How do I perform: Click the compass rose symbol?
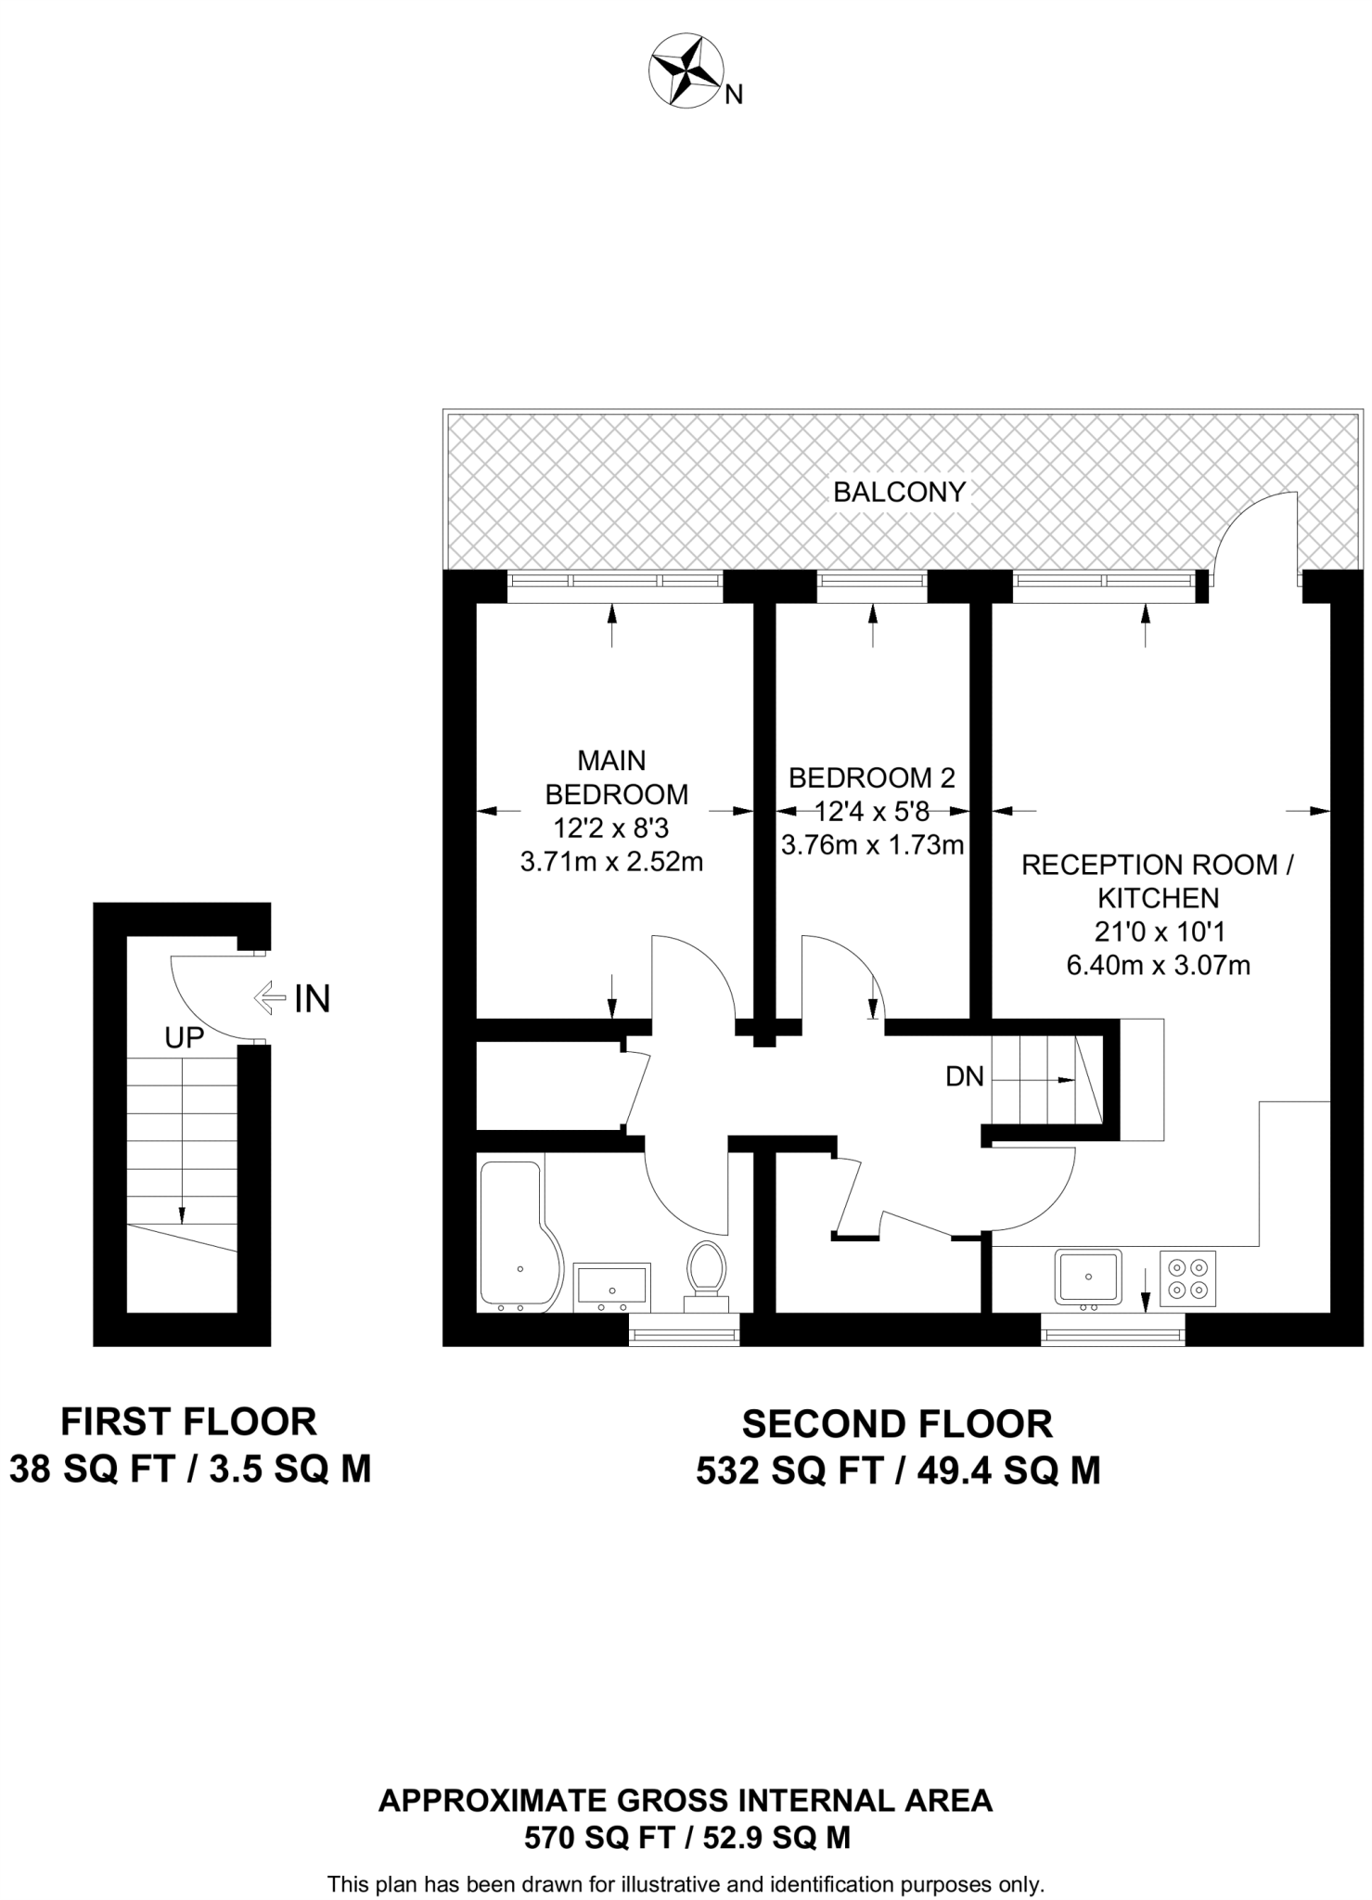point(687,71)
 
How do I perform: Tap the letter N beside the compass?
point(734,95)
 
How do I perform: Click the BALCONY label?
point(899,492)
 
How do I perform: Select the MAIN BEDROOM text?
point(615,777)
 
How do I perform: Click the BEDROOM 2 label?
point(871,777)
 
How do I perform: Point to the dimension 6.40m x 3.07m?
point(1158,966)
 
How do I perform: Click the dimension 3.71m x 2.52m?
point(611,862)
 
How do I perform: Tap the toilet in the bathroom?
point(708,1272)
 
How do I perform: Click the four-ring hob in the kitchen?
point(1187,1277)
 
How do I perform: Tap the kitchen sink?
point(1088,1277)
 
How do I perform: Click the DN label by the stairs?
point(964,1076)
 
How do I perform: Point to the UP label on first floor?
point(184,1038)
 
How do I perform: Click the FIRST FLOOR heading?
point(188,1421)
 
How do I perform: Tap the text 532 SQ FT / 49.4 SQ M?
point(897,1470)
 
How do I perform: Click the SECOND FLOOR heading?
point(897,1423)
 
